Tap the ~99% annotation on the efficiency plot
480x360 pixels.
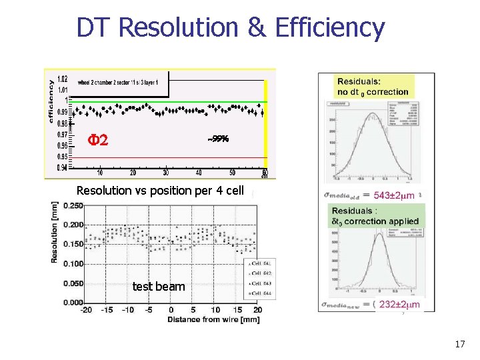[x=218, y=139]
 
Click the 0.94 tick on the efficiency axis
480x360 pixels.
[x=62, y=167]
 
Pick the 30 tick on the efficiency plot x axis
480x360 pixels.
[x=166, y=174]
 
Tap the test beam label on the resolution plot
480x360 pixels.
[x=159, y=287]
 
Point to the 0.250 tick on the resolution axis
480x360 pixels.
[x=71, y=205]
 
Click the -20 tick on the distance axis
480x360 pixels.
[x=86, y=310]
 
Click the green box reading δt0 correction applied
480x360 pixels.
[x=375, y=216]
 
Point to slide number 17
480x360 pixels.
[x=459, y=345]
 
